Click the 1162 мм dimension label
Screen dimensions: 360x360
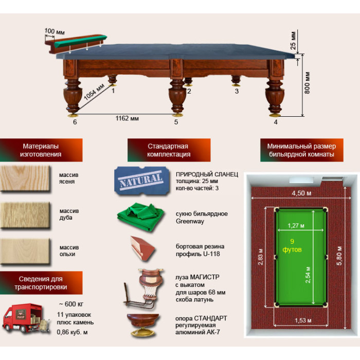click(127, 118)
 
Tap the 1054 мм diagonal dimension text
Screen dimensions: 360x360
click(94, 92)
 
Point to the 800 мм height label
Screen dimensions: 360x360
click(307, 83)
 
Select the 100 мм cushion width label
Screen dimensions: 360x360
click(55, 31)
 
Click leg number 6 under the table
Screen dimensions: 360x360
click(75, 122)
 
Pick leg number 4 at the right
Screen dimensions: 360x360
click(276, 122)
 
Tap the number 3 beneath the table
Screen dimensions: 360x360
click(237, 91)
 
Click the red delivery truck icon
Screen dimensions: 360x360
click(26, 318)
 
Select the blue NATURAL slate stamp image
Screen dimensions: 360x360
click(141, 181)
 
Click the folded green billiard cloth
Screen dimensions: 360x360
click(140, 217)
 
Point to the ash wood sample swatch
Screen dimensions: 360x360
click(25, 178)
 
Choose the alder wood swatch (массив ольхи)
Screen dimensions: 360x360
click(25, 251)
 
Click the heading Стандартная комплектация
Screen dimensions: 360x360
click(169, 150)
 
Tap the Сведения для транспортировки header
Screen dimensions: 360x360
click(41, 283)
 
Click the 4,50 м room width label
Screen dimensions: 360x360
click(301, 193)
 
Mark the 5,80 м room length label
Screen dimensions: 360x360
click(339, 256)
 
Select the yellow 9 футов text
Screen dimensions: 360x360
click(292, 245)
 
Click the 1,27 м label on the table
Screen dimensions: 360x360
click(296, 226)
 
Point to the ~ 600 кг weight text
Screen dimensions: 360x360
click(71, 304)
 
